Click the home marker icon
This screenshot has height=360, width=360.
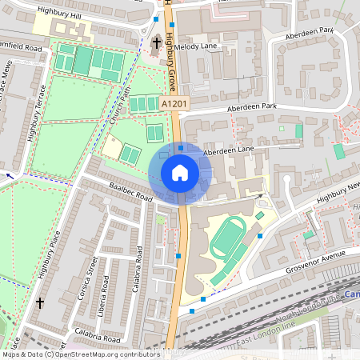coord(180,173)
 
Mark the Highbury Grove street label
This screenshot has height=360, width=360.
coord(170,60)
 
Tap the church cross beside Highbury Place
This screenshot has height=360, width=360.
coord(40,303)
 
